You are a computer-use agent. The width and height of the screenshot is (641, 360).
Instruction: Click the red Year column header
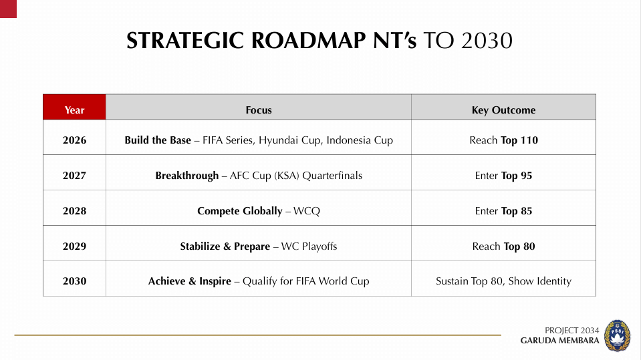coord(74,110)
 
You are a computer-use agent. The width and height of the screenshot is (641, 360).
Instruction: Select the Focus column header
coord(259,110)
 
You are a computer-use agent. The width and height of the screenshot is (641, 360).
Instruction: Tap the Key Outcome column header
coord(503,110)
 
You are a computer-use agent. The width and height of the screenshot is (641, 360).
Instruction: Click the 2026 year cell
coord(74,140)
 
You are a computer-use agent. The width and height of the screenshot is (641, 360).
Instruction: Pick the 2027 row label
coord(74,176)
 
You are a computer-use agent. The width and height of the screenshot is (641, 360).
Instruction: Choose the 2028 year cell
coord(74,211)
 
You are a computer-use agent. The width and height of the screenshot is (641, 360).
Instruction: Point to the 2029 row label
coord(74,246)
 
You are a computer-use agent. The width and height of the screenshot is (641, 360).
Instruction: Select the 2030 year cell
coord(74,281)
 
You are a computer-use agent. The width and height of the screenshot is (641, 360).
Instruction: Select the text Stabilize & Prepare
coord(225,246)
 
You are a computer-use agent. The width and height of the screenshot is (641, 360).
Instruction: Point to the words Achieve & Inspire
coord(189,281)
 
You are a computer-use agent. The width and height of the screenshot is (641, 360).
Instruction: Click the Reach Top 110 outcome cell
coord(503,140)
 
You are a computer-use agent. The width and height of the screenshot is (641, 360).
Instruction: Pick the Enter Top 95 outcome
coord(503,176)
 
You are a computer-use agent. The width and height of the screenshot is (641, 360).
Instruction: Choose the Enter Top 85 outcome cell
coord(503,211)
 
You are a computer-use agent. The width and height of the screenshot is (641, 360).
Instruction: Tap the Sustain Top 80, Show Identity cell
coord(503,281)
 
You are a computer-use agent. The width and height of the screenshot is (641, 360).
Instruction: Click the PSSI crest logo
coord(616,335)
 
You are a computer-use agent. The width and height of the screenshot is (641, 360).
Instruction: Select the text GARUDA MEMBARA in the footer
coord(559,341)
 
